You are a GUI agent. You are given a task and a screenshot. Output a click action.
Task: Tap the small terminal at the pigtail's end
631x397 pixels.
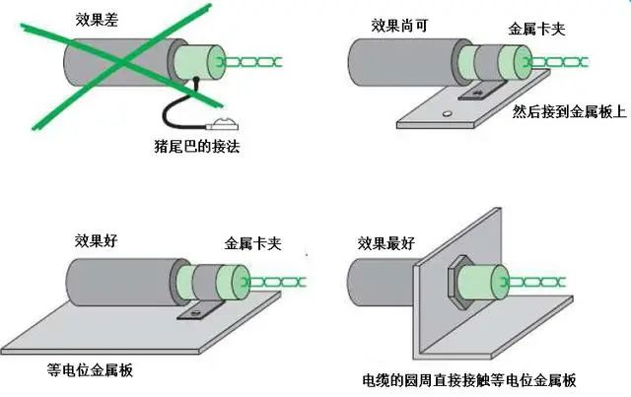226,124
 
